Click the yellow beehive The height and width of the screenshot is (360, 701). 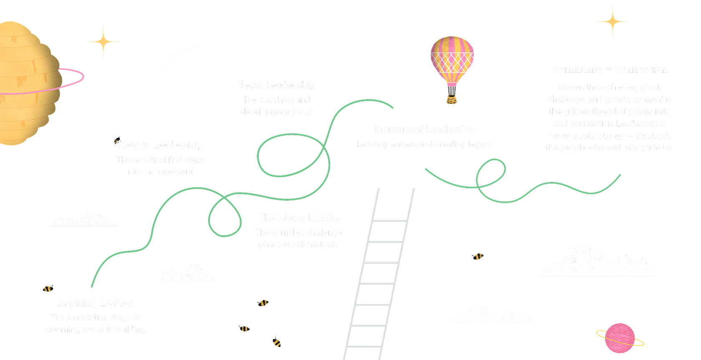tap(27, 84)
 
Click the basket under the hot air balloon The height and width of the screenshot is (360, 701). tap(451, 100)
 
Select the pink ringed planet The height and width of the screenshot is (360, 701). tap(620, 338)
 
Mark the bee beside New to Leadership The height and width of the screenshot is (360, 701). tap(114, 138)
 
